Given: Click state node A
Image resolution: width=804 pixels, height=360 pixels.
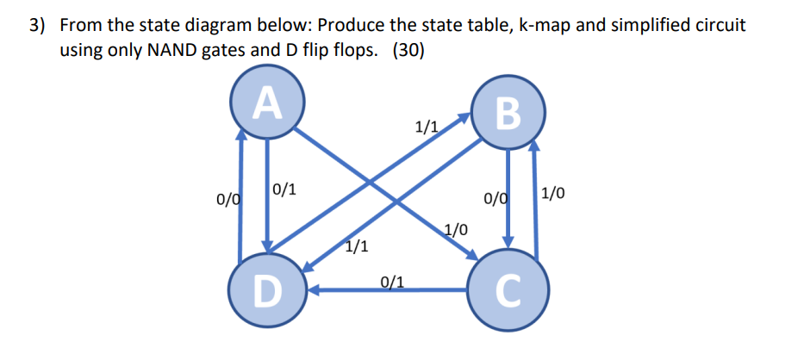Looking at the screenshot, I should click(x=268, y=103).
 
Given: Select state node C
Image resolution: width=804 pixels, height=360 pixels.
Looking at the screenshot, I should click(x=508, y=293).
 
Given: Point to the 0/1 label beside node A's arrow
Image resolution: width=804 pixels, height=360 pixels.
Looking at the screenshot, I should click(x=285, y=190).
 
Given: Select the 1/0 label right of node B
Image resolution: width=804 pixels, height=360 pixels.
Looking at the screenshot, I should click(x=554, y=193).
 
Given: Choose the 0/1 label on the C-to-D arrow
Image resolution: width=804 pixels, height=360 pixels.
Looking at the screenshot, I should click(x=392, y=281).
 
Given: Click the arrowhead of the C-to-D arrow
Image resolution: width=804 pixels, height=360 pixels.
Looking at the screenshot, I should click(x=315, y=291).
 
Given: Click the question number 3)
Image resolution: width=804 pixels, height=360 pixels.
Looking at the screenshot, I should click(x=38, y=25).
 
